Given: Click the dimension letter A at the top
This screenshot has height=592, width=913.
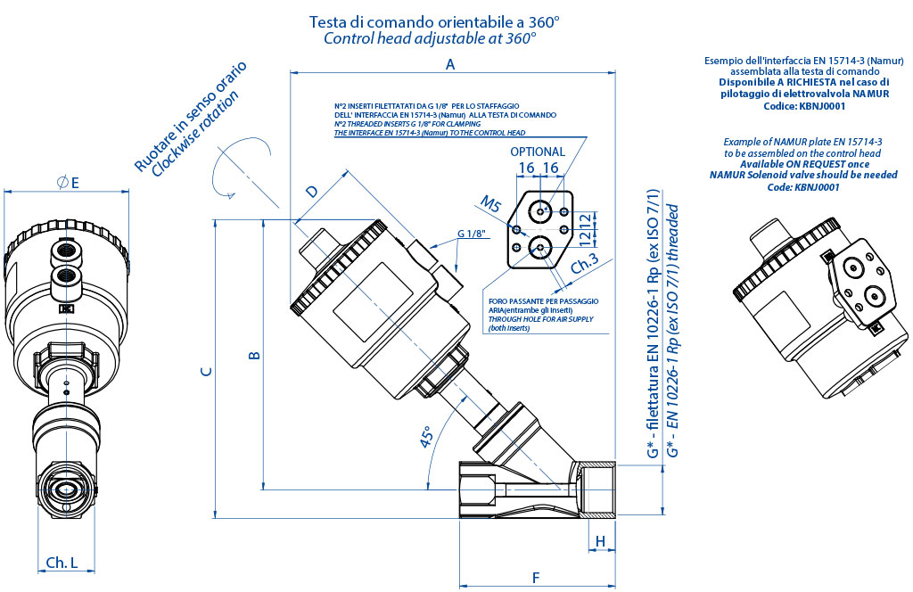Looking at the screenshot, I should pos(450,64).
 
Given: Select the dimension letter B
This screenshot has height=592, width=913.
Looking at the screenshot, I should pos(254,356).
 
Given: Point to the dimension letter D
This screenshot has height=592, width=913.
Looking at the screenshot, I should pos(311,192).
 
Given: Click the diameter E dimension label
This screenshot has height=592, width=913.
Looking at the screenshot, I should pos(68,182).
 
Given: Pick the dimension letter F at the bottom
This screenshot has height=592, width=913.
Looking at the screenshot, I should pos(536,577).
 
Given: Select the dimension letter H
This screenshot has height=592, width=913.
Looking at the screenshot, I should pos(600,541).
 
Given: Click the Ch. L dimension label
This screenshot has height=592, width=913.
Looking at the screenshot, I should pos(62,563).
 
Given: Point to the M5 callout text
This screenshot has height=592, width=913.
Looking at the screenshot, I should pos(490,204).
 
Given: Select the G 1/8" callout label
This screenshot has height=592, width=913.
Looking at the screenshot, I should pos(472,234).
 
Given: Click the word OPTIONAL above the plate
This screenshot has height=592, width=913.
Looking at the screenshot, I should pos(538,152).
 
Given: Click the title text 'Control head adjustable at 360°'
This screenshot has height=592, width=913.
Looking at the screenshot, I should pos(430,38).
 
